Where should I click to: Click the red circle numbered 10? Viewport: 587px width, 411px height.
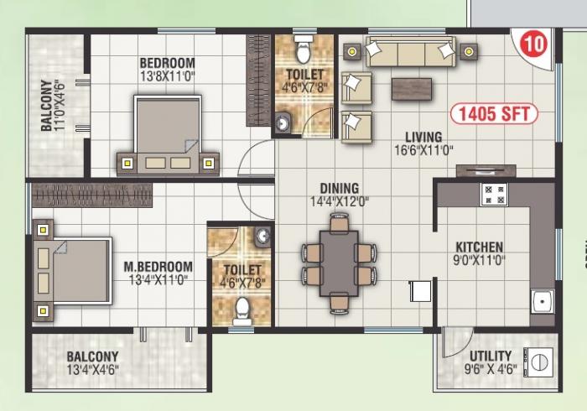point(534,44)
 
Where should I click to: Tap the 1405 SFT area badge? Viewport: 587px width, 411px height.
point(494,114)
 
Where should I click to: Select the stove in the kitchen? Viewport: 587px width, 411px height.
point(494,195)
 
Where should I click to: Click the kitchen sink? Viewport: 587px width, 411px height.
point(542,301)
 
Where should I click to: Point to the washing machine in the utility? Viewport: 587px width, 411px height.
point(538,362)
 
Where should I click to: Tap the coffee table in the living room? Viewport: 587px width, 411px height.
point(412,89)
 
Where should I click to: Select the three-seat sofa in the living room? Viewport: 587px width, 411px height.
point(411,52)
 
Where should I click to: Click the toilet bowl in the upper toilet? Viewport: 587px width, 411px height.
point(303,49)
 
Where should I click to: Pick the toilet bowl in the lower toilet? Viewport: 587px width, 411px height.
point(242,311)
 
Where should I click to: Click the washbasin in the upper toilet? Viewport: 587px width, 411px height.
point(283,122)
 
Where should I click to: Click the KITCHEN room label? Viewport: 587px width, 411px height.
point(479,247)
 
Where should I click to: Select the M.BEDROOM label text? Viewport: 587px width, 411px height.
point(158,267)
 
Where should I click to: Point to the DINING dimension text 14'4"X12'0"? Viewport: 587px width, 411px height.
point(340,202)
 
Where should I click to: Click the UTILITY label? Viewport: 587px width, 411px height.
point(491,356)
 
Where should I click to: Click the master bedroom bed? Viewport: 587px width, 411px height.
point(72,270)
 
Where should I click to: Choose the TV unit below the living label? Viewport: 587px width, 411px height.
point(486,170)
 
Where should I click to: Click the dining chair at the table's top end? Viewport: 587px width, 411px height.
point(340,223)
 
